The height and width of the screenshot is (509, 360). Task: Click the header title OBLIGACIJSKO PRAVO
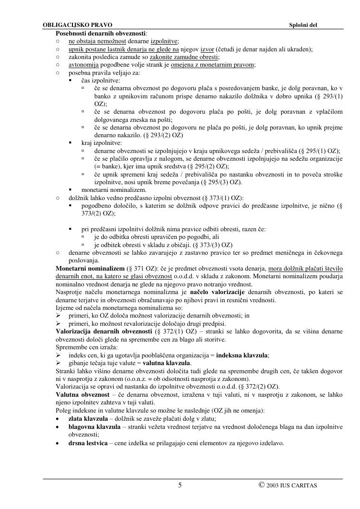tap(77, 24)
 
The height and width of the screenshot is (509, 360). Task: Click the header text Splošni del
tap(303, 24)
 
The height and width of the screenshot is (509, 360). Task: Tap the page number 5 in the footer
tap(180, 485)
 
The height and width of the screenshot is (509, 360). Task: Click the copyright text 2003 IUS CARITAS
tap(291, 485)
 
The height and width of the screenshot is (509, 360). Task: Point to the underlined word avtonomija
tap(84, 65)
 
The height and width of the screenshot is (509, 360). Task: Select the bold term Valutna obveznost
tap(83, 394)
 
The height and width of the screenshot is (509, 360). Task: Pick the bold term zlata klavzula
tap(88, 418)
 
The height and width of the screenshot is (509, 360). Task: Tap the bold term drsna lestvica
tap(89, 443)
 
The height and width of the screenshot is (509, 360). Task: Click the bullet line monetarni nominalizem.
tap(107, 190)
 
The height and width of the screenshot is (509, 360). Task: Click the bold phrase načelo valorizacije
tap(217, 292)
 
